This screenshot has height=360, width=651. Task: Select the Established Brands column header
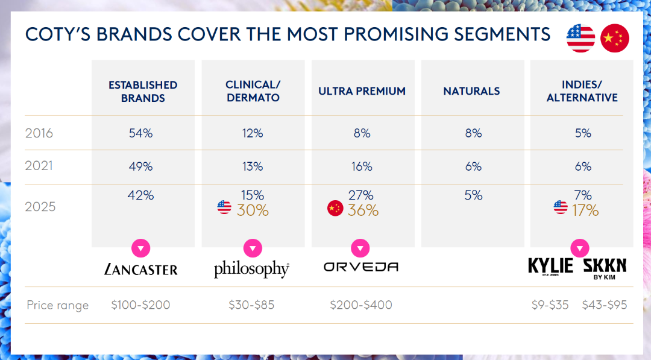pos(143,91)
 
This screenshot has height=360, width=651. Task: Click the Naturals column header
pos(471,91)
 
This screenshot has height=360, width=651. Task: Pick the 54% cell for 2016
pos(141,133)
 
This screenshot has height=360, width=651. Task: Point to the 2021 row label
pos(39,166)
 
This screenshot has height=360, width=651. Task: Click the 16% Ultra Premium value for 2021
pos(362,166)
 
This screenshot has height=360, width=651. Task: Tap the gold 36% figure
pos(363,210)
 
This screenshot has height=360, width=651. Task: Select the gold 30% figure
pos(253,210)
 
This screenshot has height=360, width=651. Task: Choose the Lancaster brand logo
pos(141,268)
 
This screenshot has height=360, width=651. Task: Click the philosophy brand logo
pos(251,269)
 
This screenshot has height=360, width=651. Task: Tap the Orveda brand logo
pos(361,267)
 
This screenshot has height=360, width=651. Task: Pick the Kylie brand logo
pos(550,266)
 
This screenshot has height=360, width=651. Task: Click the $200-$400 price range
pos(361,305)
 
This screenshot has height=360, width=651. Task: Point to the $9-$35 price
pos(550,305)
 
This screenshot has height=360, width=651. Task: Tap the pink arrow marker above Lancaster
pos(140,248)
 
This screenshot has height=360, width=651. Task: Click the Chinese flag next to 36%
pos(335,209)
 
